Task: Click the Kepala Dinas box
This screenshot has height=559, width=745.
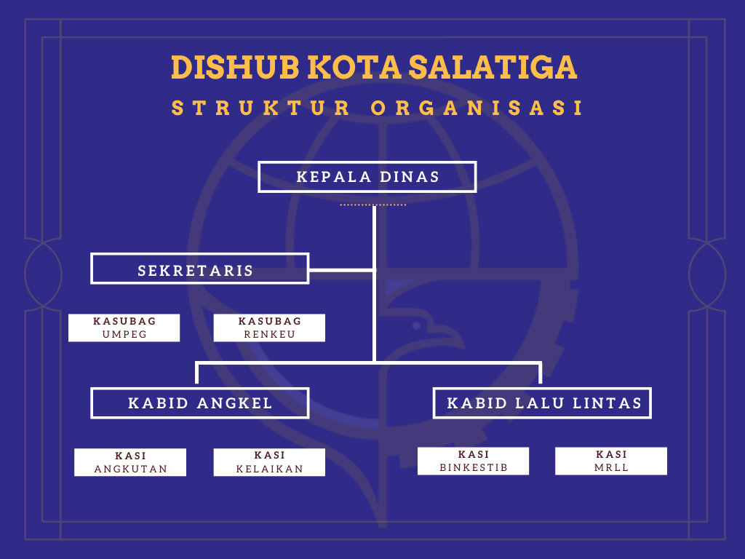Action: click(367, 177)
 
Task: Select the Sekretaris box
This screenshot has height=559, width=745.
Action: click(199, 269)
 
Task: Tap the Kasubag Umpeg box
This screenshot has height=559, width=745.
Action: click(124, 328)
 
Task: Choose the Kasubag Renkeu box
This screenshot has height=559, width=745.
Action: click(269, 328)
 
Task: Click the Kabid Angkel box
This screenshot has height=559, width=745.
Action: click(199, 403)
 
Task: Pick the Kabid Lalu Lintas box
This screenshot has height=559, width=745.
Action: click(542, 403)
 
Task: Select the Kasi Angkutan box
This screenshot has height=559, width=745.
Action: click(130, 462)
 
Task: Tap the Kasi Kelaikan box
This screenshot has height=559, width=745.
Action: click(269, 462)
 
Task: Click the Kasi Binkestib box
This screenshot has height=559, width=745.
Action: click(473, 461)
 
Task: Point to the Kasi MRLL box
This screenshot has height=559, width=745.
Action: click(611, 461)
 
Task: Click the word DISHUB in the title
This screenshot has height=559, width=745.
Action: click(235, 67)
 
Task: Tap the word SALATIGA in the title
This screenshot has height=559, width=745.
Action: click(493, 67)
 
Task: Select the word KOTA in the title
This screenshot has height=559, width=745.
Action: click(354, 67)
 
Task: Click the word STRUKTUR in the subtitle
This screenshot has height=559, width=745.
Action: click(261, 108)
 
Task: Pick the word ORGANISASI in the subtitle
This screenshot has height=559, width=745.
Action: click(477, 108)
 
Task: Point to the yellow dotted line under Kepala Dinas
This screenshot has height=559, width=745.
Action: click(373, 205)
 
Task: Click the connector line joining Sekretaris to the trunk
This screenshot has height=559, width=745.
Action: click(342, 270)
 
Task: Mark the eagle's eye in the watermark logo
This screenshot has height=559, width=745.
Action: click(417, 325)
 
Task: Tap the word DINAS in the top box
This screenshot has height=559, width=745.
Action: click(410, 177)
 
